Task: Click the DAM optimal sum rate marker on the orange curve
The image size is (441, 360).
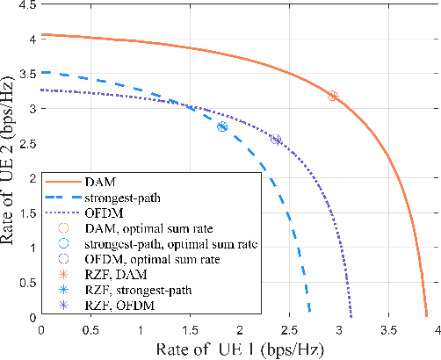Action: pos(332,96)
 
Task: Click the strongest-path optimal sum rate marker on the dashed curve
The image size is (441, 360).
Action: pos(222,126)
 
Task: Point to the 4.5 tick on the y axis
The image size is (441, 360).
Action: pos(27,5)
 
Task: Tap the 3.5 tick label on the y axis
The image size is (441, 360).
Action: pos(27,74)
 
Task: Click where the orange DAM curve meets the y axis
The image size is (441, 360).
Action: pos(41,35)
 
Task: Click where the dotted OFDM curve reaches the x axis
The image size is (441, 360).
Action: pos(351,316)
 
